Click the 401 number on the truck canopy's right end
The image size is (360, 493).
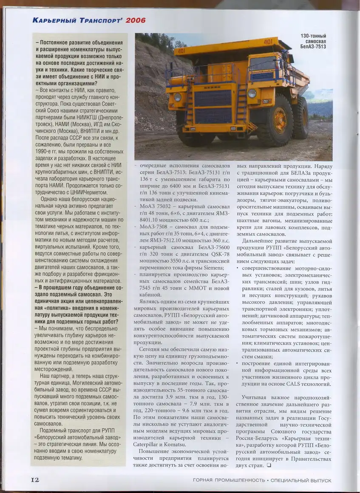point(268,42)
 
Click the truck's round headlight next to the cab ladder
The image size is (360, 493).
point(252,93)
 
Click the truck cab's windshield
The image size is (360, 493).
point(263,63)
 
